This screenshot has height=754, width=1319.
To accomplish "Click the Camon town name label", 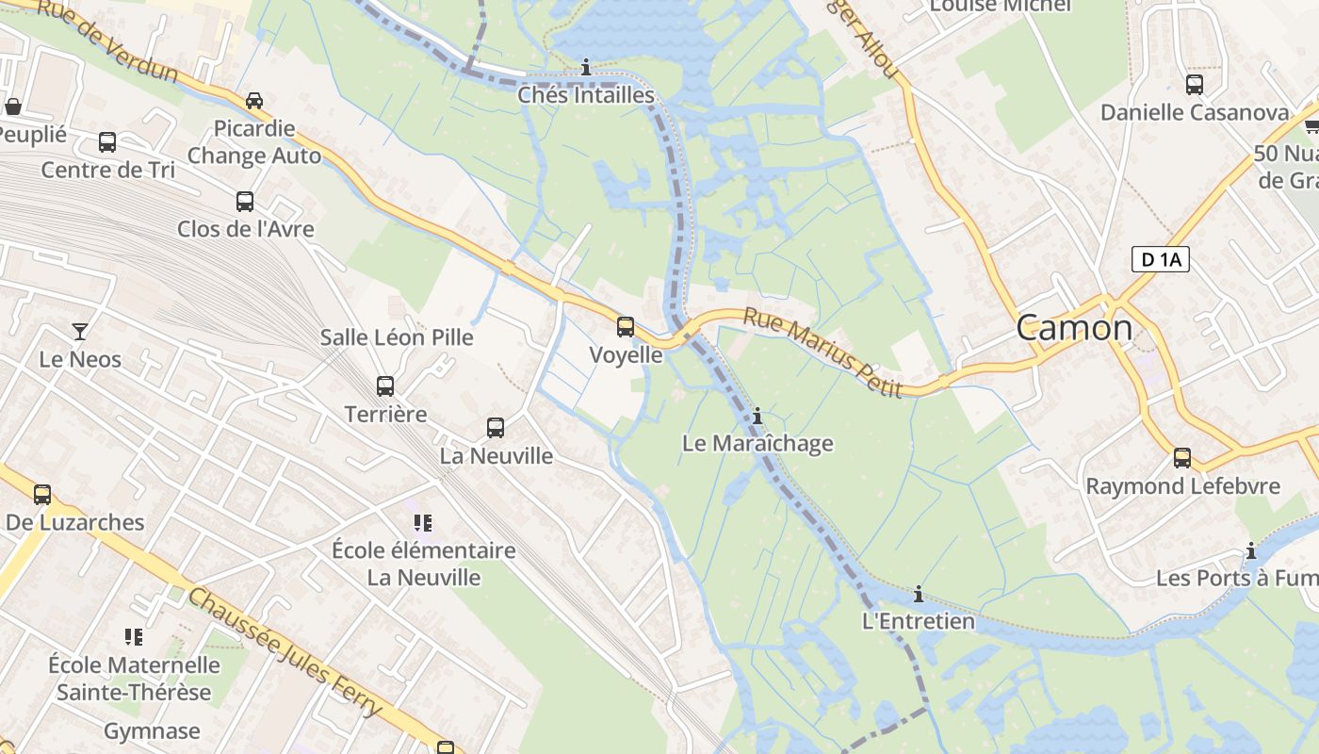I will tap(1074, 327).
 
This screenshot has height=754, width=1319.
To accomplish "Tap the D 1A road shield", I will tap(1160, 259).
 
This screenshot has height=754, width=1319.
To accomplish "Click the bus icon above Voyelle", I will tap(626, 327).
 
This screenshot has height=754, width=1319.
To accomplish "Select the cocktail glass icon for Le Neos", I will tap(80, 331).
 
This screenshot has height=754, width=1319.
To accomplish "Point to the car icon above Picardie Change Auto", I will tap(253, 101).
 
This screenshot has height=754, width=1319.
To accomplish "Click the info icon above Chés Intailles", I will tap(586, 67).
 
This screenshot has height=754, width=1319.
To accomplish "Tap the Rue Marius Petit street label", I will tap(822, 352).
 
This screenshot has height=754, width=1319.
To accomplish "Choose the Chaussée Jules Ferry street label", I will tap(285, 651).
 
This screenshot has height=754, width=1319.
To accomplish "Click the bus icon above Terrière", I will tap(384, 385).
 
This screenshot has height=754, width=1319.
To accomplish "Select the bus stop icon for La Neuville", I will tap(496, 428).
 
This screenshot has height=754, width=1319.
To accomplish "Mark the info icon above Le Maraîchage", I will tap(757, 416).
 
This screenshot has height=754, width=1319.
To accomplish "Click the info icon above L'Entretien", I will tap(918, 594).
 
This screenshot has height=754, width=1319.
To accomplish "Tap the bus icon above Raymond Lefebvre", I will tap(1181, 458).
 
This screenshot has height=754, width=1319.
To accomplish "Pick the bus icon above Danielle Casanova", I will tap(1194, 85).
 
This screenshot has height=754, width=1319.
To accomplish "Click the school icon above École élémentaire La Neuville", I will tap(423, 522).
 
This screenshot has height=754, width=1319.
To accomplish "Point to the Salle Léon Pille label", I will tap(397, 337).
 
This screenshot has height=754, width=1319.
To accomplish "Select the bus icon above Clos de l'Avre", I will tap(245, 201).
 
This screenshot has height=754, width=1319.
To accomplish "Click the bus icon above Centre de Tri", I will tap(107, 142).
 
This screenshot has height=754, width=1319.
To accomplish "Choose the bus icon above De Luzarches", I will tap(42, 494).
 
